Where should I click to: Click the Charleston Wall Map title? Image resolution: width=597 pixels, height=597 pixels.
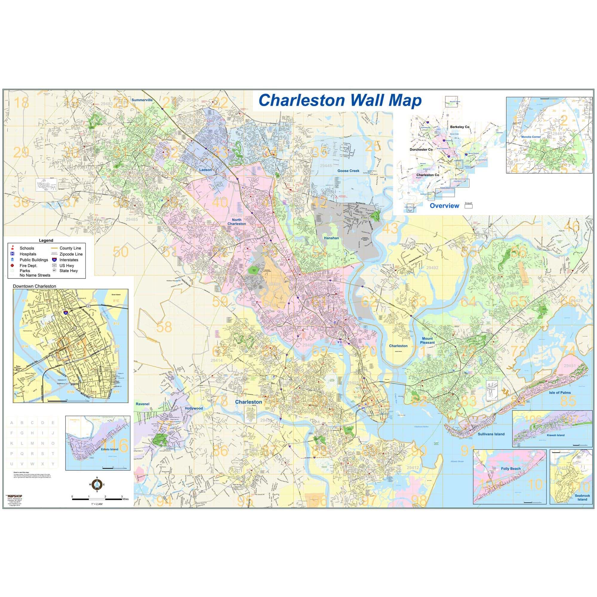pos(340,100)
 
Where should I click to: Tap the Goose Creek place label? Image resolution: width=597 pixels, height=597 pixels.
pos(348,171)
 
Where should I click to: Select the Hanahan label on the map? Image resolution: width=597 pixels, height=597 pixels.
pos(331,238)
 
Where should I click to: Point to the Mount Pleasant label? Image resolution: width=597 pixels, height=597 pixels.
pos(427,341)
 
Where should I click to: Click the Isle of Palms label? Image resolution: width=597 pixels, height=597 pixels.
pos(560,393)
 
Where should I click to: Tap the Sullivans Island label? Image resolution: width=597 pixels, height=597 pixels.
pos(491,434)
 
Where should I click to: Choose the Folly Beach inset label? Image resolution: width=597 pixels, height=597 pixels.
pos(511,469)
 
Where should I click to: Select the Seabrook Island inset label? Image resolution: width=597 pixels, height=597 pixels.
pos(582,498)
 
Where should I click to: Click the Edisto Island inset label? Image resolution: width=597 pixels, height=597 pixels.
pos(109,449)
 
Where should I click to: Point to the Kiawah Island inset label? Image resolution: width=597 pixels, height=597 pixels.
pos(556,435)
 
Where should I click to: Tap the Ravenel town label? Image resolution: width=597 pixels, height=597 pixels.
pos(142,404)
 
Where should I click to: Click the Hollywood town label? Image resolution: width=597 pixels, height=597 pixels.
pos(194,409)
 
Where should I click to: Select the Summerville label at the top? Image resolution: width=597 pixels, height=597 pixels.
pos(142,100)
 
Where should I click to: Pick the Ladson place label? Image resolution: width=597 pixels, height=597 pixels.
pos(205,170)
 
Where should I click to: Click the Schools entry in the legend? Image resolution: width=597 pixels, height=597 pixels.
pos(27,248)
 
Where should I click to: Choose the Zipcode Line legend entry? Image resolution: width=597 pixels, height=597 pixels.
pos(71,254)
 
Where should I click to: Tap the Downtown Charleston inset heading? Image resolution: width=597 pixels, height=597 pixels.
pos(34,286)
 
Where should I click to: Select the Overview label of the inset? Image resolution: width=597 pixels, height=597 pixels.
pos(444,206)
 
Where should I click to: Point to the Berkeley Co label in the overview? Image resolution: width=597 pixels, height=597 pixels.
pos(459,127)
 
